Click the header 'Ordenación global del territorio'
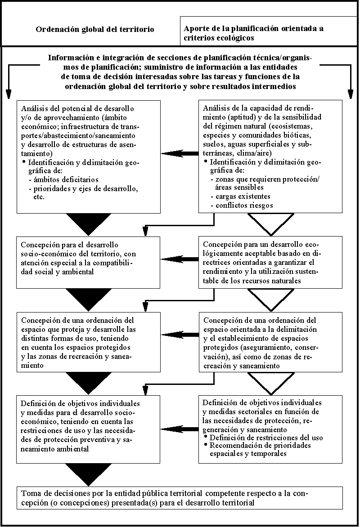point(94,30)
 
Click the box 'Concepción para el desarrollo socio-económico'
point(89,262)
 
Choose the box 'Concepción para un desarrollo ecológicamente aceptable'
point(270,262)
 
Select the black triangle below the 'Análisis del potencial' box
point(89,223)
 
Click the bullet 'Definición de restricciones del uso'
point(265,438)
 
